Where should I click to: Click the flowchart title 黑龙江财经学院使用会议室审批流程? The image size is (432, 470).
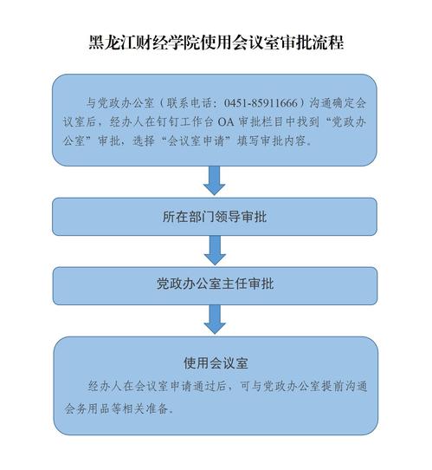point(216,42)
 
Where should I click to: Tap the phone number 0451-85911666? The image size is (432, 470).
point(261,103)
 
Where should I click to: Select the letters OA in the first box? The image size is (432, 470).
point(226,122)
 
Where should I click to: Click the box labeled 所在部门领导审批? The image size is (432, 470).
point(215,217)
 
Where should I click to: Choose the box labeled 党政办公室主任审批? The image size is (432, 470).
point(215,285)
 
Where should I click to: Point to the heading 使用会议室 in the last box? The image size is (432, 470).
point(216,363)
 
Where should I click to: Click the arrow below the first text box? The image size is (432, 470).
point(214,180)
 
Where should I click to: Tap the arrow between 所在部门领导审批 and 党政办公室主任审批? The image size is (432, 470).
point(215,251)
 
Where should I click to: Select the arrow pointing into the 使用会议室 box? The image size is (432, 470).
point(215,319)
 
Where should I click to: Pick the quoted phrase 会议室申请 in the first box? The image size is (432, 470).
point(196,140)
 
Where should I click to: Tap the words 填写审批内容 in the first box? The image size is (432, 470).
point(271,140)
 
